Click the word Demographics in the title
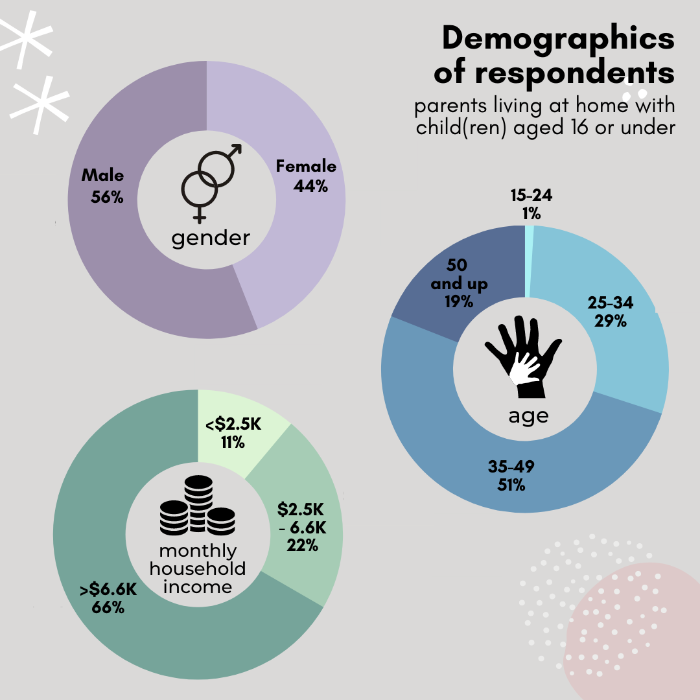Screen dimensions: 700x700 (x=558, y=40)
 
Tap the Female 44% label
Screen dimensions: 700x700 (x=307, y=176)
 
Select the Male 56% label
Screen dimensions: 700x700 (x=103, y=186)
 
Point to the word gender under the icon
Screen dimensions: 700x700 (x=211, y=238)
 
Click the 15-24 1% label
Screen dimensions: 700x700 (x=531, y=205)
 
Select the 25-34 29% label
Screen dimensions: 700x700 (x=610, y=311)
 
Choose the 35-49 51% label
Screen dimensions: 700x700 (x=511, y=475)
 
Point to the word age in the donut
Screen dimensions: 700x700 (x=528, y=415)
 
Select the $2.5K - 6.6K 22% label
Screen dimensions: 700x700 (x=301, y=526)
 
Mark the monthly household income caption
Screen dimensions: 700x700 (x=198, y=569)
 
